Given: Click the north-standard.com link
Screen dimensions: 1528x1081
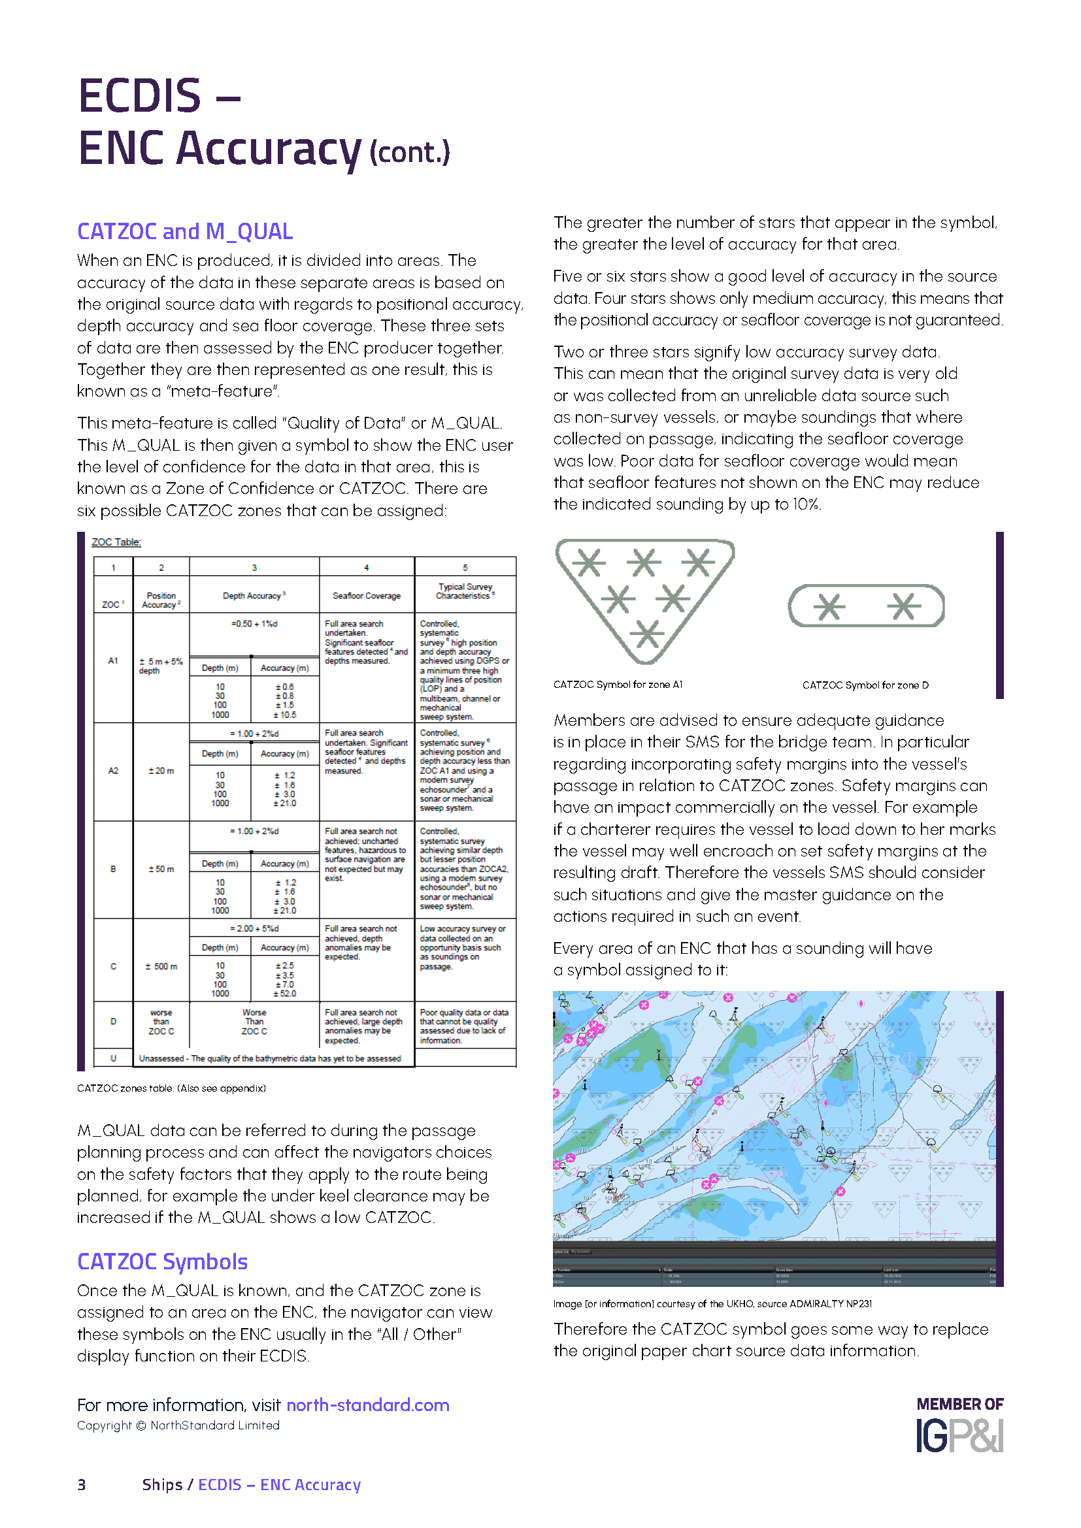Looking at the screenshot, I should (367, 1405).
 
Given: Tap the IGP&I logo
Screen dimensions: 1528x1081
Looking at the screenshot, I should (959, 1435).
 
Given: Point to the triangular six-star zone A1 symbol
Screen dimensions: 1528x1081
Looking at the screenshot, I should (644, 596).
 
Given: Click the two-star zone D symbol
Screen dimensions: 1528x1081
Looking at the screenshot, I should (866, 606).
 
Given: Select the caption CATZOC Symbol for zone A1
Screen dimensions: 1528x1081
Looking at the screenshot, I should (617, 684).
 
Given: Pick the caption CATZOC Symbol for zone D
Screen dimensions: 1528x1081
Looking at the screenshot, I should (865, 685).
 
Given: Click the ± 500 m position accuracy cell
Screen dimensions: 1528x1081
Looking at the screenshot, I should (161, 966).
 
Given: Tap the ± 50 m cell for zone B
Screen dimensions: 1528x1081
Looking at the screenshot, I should (161, 869).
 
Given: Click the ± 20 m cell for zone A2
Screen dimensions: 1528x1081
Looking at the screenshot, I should (161, 771).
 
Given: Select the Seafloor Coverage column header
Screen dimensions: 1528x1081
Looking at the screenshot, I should (366, 596).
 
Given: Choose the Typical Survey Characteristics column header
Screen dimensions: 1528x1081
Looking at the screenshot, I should (465, 591).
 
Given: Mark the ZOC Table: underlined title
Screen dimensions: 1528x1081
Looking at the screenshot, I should (116, 542).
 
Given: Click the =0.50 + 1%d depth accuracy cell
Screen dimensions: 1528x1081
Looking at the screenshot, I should (254, 624).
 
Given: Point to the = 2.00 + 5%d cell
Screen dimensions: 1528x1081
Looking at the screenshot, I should (254, 928).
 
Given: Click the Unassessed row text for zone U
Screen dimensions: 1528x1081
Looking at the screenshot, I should (269, 1058).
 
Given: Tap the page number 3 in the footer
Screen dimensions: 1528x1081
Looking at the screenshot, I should (81, 1485).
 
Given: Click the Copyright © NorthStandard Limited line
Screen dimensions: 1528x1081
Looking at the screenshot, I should (178, 1425).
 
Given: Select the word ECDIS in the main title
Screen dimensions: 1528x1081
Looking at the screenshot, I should (139, 95).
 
